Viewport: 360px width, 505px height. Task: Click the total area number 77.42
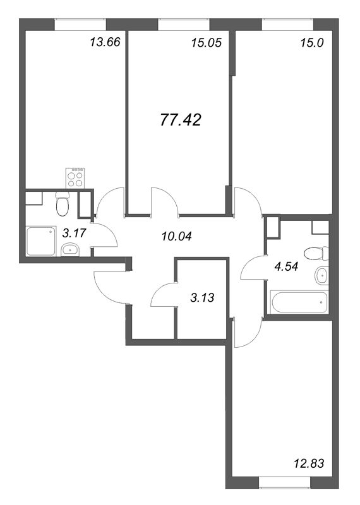181,120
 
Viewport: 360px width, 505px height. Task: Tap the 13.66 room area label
105,42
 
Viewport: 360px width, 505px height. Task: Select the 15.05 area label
207,42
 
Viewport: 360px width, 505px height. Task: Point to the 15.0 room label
311,42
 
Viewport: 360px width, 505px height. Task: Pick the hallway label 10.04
177,236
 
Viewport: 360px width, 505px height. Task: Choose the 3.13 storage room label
202,297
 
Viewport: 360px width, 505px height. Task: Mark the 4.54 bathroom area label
286,266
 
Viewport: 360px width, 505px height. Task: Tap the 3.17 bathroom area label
75,233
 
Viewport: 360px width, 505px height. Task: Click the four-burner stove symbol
75,178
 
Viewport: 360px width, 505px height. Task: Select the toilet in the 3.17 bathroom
62,204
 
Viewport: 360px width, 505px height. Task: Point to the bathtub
299,302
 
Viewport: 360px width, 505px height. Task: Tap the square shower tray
40,242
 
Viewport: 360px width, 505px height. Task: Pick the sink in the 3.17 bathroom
70,250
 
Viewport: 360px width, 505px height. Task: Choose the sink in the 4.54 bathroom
321,276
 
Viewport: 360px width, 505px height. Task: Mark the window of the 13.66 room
80,24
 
